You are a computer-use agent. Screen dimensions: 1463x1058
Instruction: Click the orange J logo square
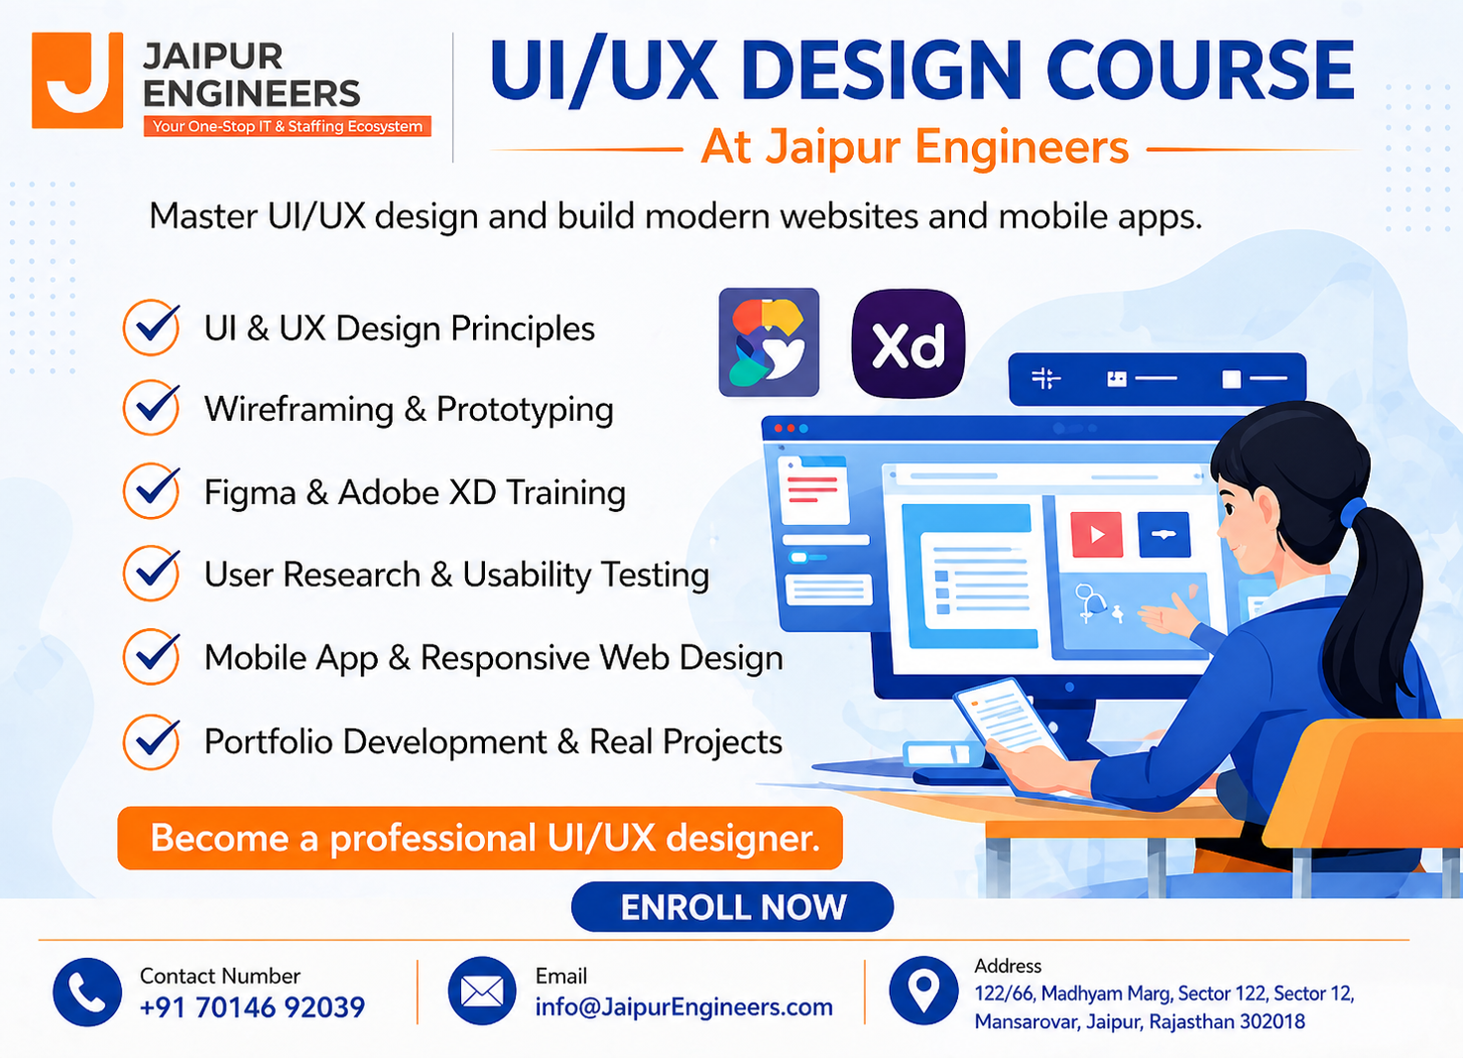77,79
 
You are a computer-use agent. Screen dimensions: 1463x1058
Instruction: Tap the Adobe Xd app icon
908,343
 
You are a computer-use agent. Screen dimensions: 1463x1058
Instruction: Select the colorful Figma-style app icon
769,342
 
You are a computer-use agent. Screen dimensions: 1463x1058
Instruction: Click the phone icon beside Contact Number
87,992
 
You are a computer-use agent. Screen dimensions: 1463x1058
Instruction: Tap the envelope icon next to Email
482,991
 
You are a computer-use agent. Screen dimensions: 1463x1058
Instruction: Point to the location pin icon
923,991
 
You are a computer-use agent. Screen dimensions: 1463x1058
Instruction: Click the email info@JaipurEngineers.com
683,1007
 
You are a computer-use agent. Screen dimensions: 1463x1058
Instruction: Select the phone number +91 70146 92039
252,1007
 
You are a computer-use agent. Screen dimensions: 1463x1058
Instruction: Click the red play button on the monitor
1096,535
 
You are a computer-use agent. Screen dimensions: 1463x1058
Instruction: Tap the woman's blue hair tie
1351,512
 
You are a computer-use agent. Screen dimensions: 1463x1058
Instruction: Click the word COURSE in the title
1200,69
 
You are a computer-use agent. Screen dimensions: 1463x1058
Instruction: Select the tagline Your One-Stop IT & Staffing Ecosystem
288,126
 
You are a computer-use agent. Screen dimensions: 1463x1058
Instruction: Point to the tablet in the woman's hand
1009,727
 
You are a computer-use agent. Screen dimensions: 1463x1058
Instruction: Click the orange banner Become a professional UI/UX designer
480,838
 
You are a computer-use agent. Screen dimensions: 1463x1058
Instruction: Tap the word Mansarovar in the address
1026,1021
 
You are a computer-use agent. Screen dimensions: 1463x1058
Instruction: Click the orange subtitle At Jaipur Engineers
914,147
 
